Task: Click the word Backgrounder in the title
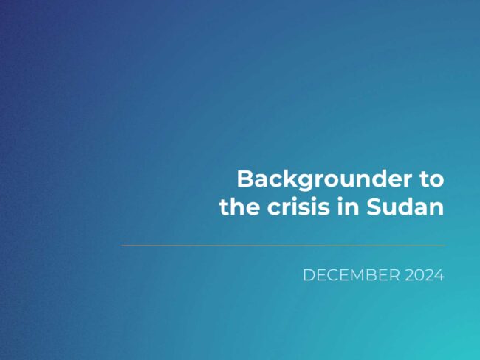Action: coord(324,180)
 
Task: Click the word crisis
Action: coord(298,207)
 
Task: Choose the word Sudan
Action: coord(405,207)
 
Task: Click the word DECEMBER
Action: coord(352,275)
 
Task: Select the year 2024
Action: coord(425,275)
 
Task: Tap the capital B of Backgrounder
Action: coord(246,179)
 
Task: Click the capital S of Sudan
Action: coord(374,207)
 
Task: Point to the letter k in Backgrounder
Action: coord(291,179)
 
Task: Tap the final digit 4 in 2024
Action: coord(439,275)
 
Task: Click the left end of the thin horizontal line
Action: coord(121,246)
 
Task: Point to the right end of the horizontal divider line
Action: coord(445,246)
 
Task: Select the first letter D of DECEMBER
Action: coord(308,275)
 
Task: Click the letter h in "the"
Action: coord(238,207)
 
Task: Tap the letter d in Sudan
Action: coord(407,207)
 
